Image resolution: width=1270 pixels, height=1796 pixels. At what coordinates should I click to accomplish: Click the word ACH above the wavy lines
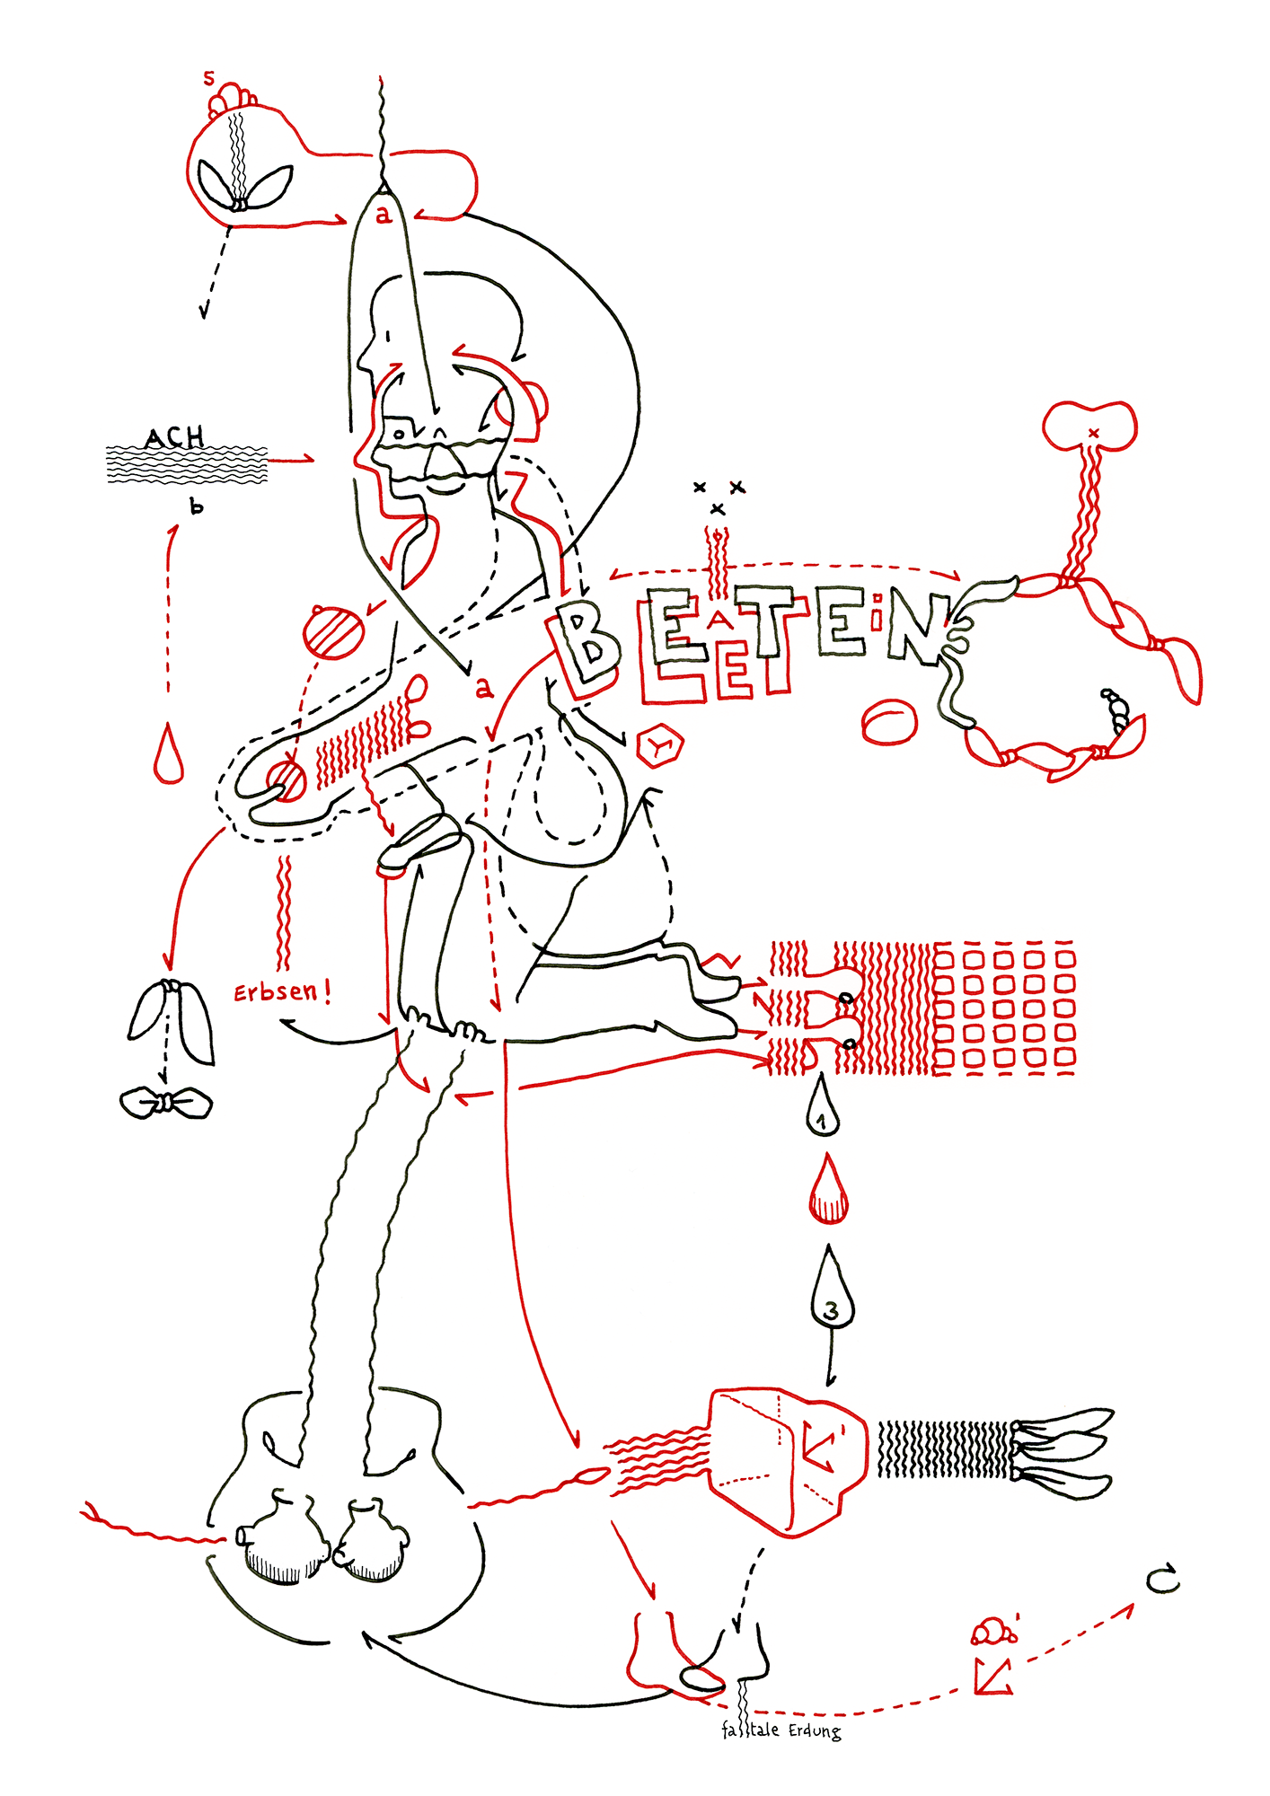(175, 437)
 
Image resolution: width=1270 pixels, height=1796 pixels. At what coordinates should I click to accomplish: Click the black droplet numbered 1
(822, 1110)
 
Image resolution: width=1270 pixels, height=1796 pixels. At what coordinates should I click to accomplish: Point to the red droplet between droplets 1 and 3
(827, 1192)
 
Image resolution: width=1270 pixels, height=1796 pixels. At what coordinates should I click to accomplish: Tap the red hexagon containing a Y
(660, 745)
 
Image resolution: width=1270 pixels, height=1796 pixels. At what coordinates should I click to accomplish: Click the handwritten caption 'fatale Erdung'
(781, 1730)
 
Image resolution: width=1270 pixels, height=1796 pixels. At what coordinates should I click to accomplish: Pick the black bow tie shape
(165, 1102)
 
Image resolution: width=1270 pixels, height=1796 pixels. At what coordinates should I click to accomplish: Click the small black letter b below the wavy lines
(197, 506)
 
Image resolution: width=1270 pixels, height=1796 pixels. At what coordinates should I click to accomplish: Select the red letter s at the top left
(209, 79)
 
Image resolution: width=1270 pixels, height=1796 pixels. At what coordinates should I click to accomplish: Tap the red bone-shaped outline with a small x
(1089, 425)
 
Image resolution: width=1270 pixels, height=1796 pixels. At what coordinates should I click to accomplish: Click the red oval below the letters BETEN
(889, 722)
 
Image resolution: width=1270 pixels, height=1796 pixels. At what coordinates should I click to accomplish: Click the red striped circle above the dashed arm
(334, 632)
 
